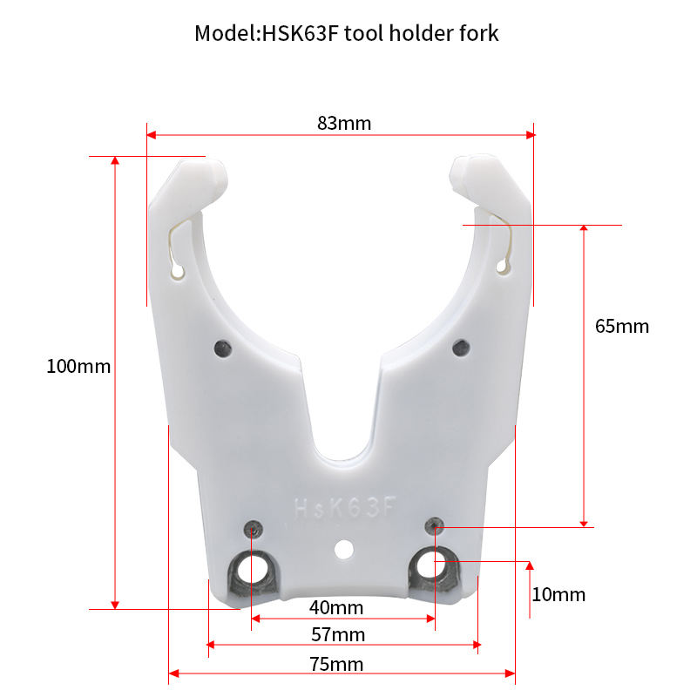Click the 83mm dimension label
[344, 123]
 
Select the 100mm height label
[78, 366]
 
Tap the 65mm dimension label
[622, 326]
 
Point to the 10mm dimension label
[558, 594]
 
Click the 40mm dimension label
[335, 606]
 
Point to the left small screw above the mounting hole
[253, 528]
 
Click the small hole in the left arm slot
[179, 274]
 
